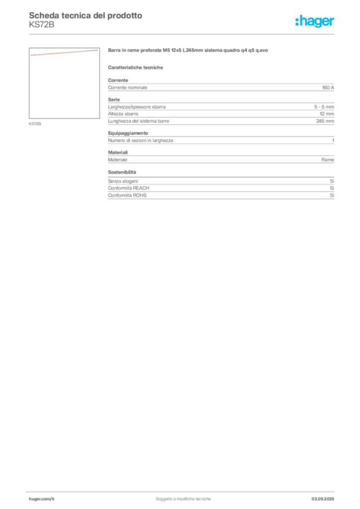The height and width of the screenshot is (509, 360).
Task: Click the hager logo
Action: click(x=314, y=21)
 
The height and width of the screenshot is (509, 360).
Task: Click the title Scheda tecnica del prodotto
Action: click(x=86, y=15)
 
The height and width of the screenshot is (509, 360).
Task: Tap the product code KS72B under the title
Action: click(x=42, y=25)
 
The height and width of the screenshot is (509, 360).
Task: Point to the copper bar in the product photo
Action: click(x=64, y=53)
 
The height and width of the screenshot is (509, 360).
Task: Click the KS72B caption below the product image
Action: click(x=35, y=124)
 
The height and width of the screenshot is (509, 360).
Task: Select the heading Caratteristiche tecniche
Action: click(x=135, y=68)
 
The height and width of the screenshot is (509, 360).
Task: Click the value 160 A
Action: click(x=328, y=87)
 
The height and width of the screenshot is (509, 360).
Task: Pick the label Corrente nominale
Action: click(x=128, y=87)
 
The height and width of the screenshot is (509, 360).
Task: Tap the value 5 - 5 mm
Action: click(x=324, y=107)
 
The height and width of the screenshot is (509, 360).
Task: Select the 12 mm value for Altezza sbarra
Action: click(x=327, y=114)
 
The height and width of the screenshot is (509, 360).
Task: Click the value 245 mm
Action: click(x=325, y=121)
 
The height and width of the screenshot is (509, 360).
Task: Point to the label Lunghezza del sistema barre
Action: click(x=139, y=121)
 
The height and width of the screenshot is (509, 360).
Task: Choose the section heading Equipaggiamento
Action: click(x=128, y=133)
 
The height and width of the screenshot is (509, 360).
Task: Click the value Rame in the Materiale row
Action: click(x=328, y=160)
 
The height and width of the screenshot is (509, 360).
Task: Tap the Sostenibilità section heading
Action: click(x=122, y=172)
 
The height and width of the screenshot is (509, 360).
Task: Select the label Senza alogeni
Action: click(x=123, y=181)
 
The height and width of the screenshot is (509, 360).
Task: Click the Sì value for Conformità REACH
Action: click(x=332, y=188)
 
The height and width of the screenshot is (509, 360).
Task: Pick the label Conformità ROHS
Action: click(x=127, y=195)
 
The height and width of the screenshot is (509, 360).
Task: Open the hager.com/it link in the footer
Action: click(x=42, y=499)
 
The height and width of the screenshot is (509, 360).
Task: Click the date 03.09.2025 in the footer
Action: click(x=323, y=499)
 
